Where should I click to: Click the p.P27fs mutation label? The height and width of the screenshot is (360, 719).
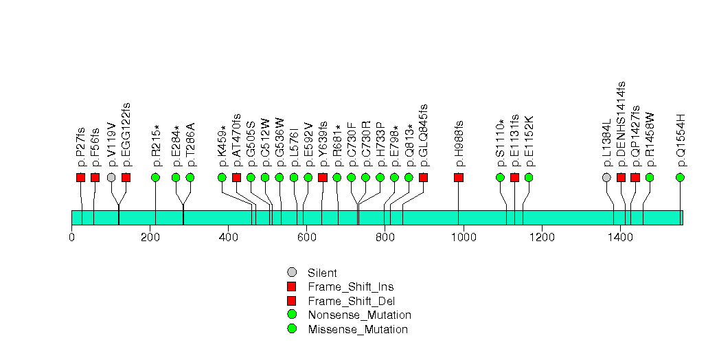(81, 148)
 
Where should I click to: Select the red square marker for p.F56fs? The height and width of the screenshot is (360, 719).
(95, 177)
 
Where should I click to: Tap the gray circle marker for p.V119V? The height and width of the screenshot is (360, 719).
(111, 177)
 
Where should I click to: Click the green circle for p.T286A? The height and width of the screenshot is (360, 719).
(190, 177)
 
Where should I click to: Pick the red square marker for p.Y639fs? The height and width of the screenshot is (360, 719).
(323, 177)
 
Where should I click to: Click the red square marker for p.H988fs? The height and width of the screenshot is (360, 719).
(459, 177)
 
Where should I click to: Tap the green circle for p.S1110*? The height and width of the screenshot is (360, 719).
(500, 177)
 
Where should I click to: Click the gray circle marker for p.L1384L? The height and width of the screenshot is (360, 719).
(606, 177)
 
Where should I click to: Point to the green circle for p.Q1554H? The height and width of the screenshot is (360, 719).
(681, 177)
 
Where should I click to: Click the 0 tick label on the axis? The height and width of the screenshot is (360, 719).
(71, 238)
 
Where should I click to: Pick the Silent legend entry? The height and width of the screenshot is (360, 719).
(322, 273)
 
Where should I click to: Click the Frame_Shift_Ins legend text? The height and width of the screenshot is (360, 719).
(350, 286)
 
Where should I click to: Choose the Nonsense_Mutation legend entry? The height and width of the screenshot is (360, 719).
(359, 315)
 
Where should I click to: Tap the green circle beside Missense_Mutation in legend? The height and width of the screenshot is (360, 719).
(292, 329)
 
